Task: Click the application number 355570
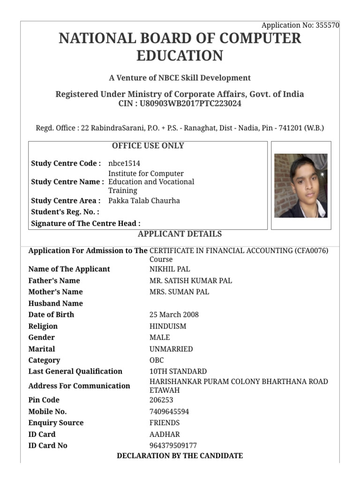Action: (327, 25)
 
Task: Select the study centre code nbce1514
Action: (124, 163)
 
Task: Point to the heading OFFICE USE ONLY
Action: (148, 146)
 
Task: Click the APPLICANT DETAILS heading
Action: (180, 234)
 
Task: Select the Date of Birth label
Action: (51, 315)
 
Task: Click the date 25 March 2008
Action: (174, 315)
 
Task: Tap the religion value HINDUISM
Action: (168, 326)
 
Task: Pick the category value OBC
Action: (157, 360)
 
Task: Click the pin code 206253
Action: (161, 400)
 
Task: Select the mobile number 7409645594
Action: (169, 412)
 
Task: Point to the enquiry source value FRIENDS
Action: (165, 423)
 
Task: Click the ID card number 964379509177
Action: (173, 446)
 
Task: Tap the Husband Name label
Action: (55, 303)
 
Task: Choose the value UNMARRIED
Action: (171, 349)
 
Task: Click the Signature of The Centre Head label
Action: (85, 224)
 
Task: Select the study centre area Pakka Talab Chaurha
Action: (144, 201)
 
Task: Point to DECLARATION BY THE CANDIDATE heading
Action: (180, 456)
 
